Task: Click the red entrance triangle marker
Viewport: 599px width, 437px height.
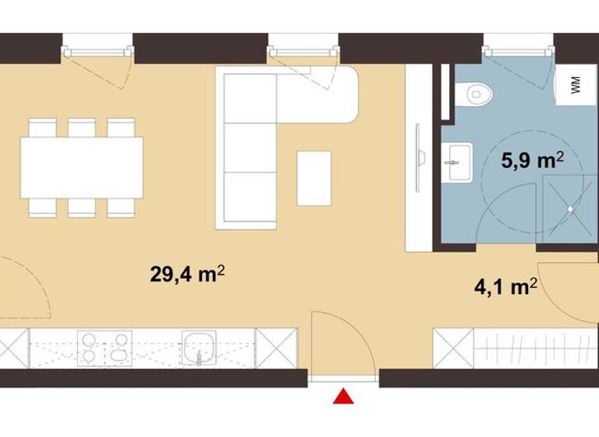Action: [x=342, y=397]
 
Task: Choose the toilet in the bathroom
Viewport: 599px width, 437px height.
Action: [x=477, y=94]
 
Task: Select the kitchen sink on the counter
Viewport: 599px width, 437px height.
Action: [x=200, y=347]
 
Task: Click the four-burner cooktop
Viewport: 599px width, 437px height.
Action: [x=105, y=348]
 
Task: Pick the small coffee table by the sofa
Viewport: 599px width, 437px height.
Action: [x=314, y=178]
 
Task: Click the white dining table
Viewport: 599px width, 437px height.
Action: [x=82, y=167]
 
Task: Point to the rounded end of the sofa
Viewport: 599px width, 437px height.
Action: [x=343, y=94]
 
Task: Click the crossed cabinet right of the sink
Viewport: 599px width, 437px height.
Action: [x=276, y=348]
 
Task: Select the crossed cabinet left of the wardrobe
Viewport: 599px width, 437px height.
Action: [x=453, y=348]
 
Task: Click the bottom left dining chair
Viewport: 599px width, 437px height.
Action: [x=43, y=207]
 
